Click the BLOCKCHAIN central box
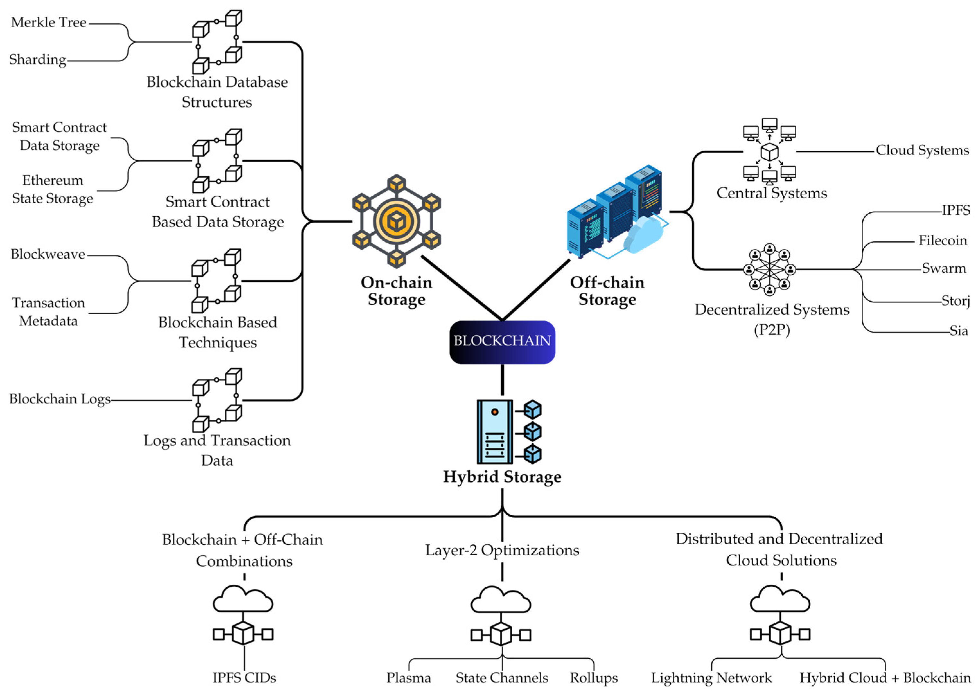coord(502,342)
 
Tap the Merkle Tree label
coord(48,22)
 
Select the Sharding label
coord(38,59)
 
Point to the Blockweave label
coord(48,254)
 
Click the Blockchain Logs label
coord(60,399)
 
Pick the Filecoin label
coord(942,241)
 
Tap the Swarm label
coord(944,268)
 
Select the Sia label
coord(959,331)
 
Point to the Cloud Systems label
coord(922,150)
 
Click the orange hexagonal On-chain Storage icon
coord(397,221)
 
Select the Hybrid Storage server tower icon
coord(509,431)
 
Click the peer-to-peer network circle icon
coord(769,270)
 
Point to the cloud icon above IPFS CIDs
coord(243,599)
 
